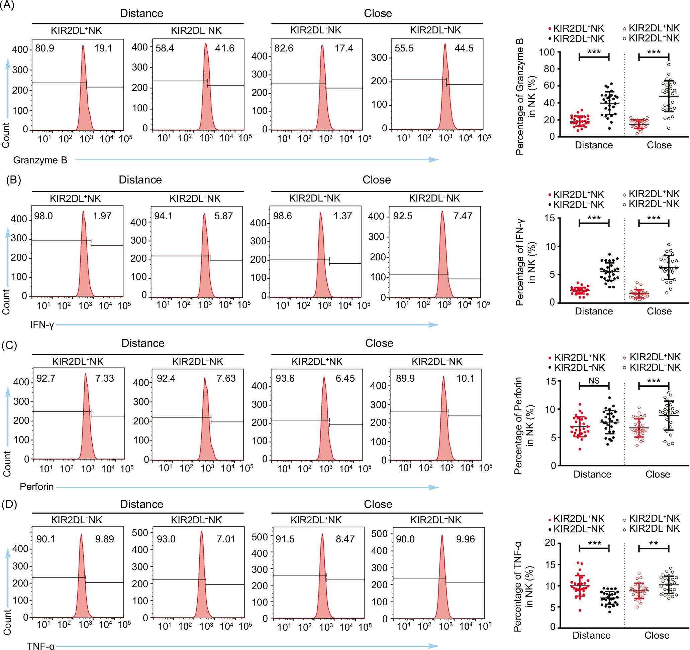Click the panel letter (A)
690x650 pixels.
8,6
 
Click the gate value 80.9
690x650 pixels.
45,48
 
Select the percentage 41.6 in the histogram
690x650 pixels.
224,48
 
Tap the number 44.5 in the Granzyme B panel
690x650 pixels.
464,48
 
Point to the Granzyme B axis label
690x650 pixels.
40,160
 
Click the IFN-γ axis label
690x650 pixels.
42,326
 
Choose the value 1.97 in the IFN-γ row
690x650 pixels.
102,216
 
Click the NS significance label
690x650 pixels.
594,381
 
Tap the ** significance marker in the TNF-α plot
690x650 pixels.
653,543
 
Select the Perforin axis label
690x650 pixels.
37,487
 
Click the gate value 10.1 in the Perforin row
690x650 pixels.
465,378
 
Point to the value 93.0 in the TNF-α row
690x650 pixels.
166,539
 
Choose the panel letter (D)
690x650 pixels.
9,504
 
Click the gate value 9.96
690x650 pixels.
465,539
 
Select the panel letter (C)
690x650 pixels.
9,346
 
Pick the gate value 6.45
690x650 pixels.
345,378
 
